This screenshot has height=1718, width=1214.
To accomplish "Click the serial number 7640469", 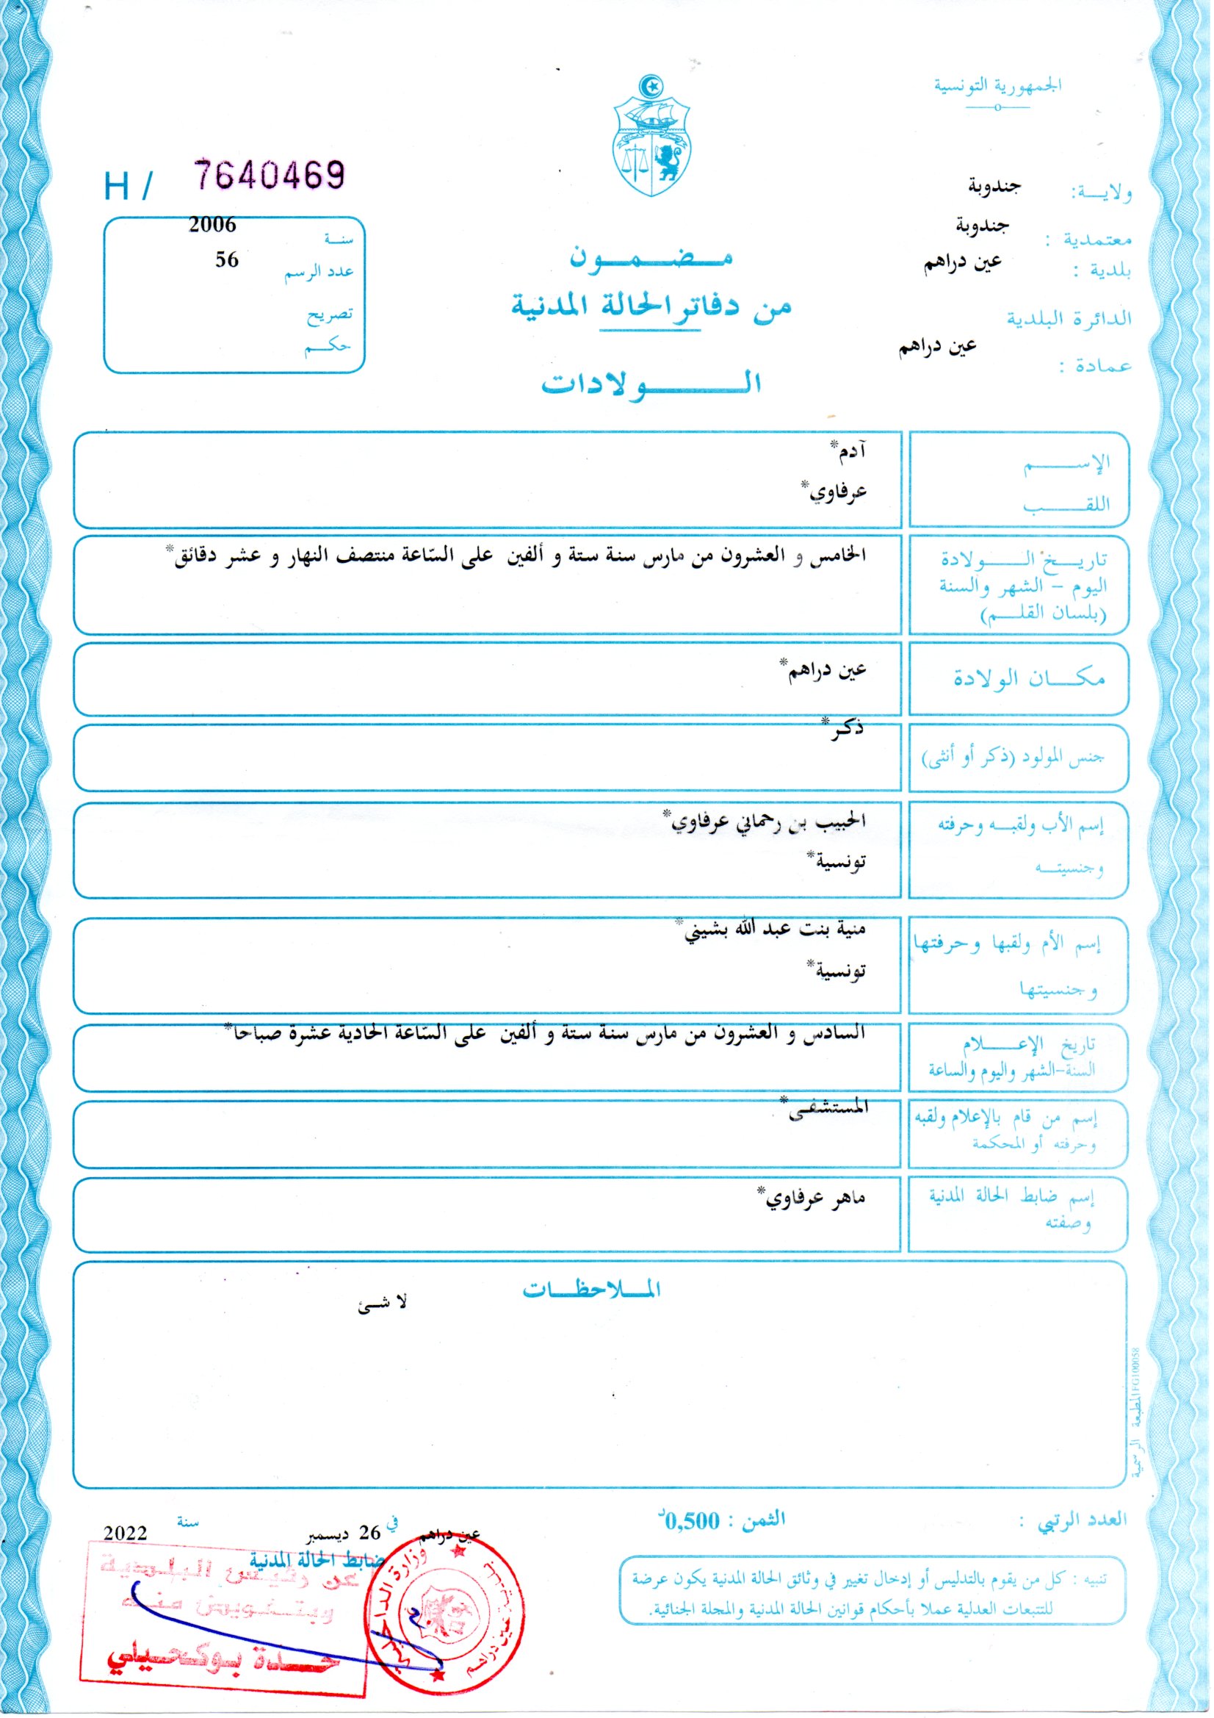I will tap(270, 175).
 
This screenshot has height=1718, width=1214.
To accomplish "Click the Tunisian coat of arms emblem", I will tap(652, 135).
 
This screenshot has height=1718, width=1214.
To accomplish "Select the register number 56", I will tap(227, 259).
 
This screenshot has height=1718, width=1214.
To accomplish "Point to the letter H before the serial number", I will tap(117, 187).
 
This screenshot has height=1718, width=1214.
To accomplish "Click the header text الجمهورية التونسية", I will tap(997, 85).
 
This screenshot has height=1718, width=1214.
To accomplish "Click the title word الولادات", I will tap(651, 383).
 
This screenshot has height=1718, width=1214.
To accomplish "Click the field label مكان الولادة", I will tap(1028, 679).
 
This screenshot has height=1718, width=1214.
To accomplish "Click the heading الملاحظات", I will tap(591, 1289).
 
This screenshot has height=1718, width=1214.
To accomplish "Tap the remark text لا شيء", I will tap(382, 1303).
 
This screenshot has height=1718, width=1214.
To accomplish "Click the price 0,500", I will tap(692, 1521).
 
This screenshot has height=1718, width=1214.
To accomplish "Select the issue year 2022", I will tap(125, 1533).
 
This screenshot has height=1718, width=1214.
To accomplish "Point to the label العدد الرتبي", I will tap(1081, 1520).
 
